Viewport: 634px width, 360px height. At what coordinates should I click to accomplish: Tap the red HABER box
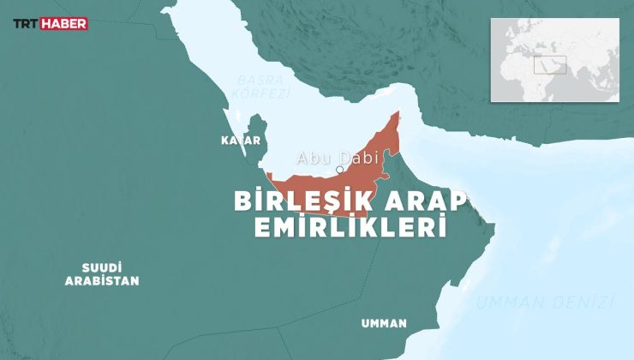click(x=67, y=24)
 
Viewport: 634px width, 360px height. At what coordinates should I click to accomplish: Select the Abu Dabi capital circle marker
click(x=340, y=170)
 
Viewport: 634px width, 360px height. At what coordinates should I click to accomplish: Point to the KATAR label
click(x=240, y=140)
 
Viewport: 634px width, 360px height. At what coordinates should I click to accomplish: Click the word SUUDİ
click(x=102, y=267)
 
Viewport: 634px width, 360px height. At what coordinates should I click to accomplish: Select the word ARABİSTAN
click(x=102, y=280)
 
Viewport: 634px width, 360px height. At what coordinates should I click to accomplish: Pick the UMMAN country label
click(x=384, y=323)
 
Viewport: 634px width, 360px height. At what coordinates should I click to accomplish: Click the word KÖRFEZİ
click(x=263, y=93)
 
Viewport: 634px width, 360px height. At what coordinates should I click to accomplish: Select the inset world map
click(x=554, y=60)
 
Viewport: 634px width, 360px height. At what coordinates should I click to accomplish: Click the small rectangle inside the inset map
click(x=549, y=64)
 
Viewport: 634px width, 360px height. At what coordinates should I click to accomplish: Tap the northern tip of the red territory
click(x=398, y=113)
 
